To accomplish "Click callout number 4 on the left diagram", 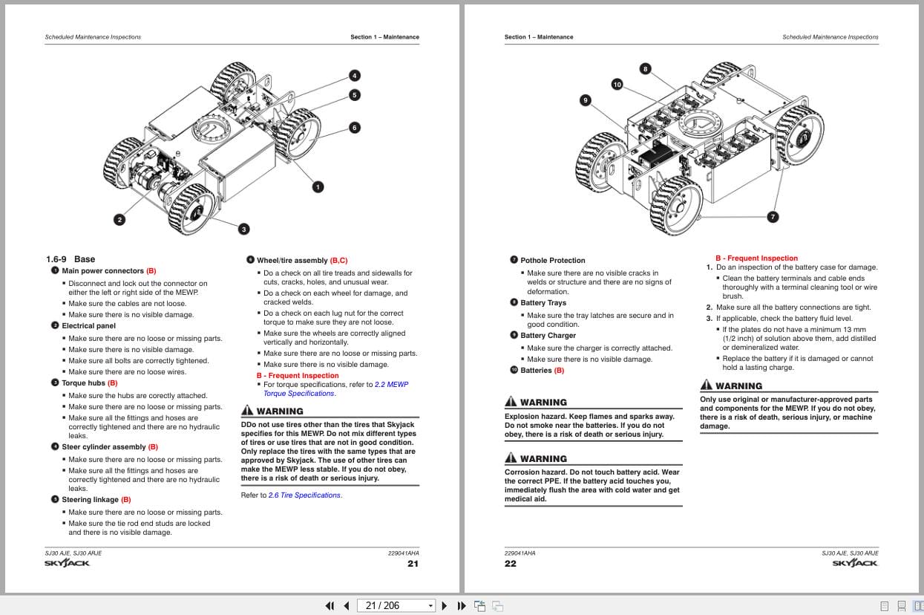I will (x=355, y=76).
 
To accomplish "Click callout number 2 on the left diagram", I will (x=119, y=219).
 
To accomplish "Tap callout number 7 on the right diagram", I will (x=773, y=217).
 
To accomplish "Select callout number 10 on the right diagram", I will (x=617, y=85).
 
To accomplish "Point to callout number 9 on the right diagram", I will (x=586, y=100).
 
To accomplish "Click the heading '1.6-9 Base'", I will (x=71, y=259).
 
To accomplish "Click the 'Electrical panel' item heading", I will (x=88, y=326).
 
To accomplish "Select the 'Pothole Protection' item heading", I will (x=552, y=261).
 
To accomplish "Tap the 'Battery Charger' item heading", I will (x=548, y=336).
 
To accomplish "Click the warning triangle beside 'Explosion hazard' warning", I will (x=511, y=402).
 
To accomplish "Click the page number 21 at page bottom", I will (x=413, y=564).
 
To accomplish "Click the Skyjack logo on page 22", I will (x=855, y=564).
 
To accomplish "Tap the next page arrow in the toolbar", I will (x=445, y=605).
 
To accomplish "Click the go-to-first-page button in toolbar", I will (x=330, y=605).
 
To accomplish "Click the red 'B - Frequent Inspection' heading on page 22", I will (x=756, y=258).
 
